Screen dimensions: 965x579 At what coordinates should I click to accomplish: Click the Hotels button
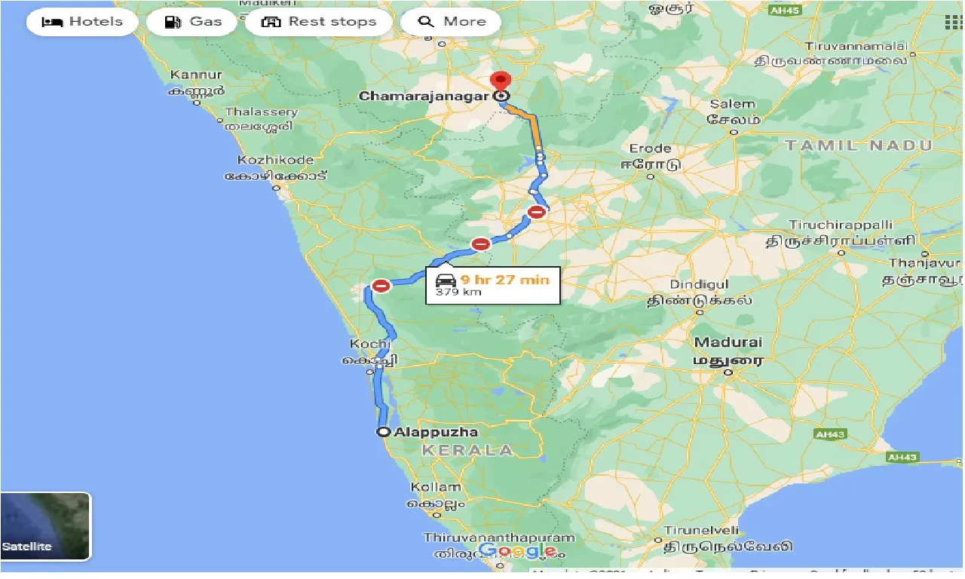[x=82, y=22]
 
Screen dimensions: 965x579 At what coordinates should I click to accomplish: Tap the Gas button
[x=195, y=22]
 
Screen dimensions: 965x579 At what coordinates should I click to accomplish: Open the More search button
[x=451, y=22]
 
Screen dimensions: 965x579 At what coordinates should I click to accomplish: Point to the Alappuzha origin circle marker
[x=384, y=432]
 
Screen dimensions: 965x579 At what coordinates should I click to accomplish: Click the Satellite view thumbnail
[x=45, y=526]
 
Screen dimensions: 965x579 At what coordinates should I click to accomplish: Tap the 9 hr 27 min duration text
[x=505, y=280]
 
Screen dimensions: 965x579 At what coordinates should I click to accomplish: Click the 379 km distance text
[x=458, y=292]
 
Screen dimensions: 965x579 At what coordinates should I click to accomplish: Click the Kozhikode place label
[x=275, y=161]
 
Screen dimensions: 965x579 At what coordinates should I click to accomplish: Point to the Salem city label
[x=731, y=104]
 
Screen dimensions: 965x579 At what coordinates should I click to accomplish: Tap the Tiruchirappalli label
[x=841, y=225]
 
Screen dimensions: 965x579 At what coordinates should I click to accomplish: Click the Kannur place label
[x=197, y=75]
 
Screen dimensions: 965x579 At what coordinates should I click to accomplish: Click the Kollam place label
[x=435, y=487]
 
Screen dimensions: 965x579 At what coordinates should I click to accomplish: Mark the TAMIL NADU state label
[x=859, y=146]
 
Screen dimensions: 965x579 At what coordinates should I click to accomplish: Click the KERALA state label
[x=467, y=450]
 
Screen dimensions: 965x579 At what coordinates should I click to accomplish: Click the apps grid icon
[x=954, y=22]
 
